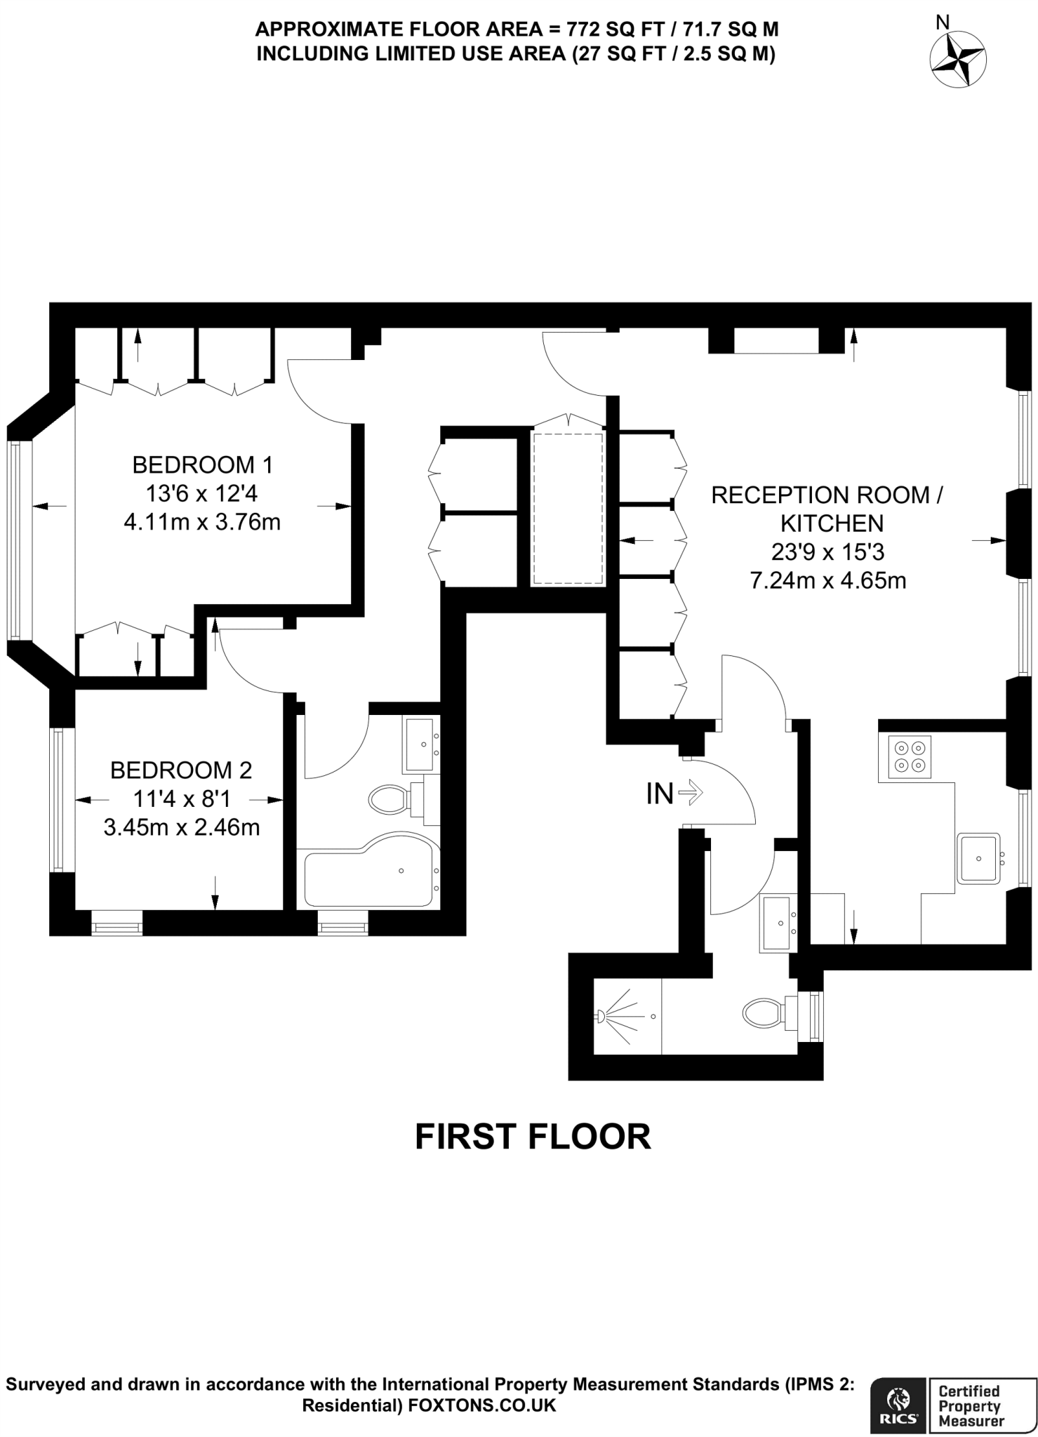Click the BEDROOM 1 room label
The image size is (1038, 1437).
coord(202,464)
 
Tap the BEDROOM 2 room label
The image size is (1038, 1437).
coord(181,770)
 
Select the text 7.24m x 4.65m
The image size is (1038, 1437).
coord(828,580)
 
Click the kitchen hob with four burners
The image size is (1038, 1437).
coord(910,757)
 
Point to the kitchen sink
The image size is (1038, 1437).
coord(978,858)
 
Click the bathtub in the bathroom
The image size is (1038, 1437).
coord(368,870)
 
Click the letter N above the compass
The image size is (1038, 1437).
coord(943,22)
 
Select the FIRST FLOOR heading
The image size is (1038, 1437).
coord(533,1137)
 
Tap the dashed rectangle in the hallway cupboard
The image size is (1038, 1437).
coord(567,509)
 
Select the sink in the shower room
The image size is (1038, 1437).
coord(777,923)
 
